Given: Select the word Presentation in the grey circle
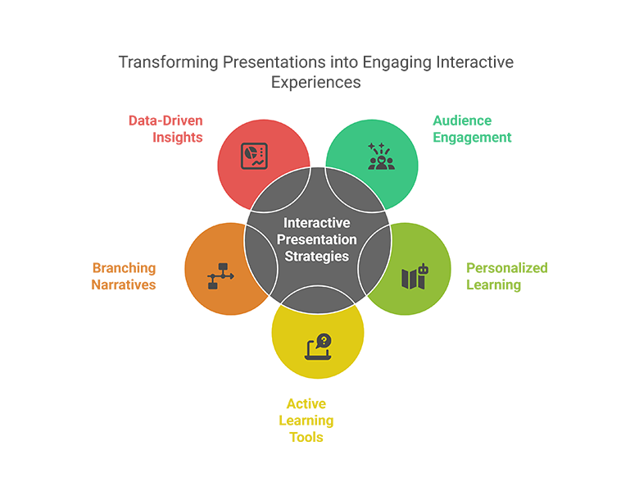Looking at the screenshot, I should click(317, 240).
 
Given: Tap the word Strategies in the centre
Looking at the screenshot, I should click(317, 257).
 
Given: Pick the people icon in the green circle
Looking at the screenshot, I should click(380, 156).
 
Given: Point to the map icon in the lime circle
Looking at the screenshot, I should click(414, 276).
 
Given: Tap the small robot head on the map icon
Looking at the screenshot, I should click(422, 268).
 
